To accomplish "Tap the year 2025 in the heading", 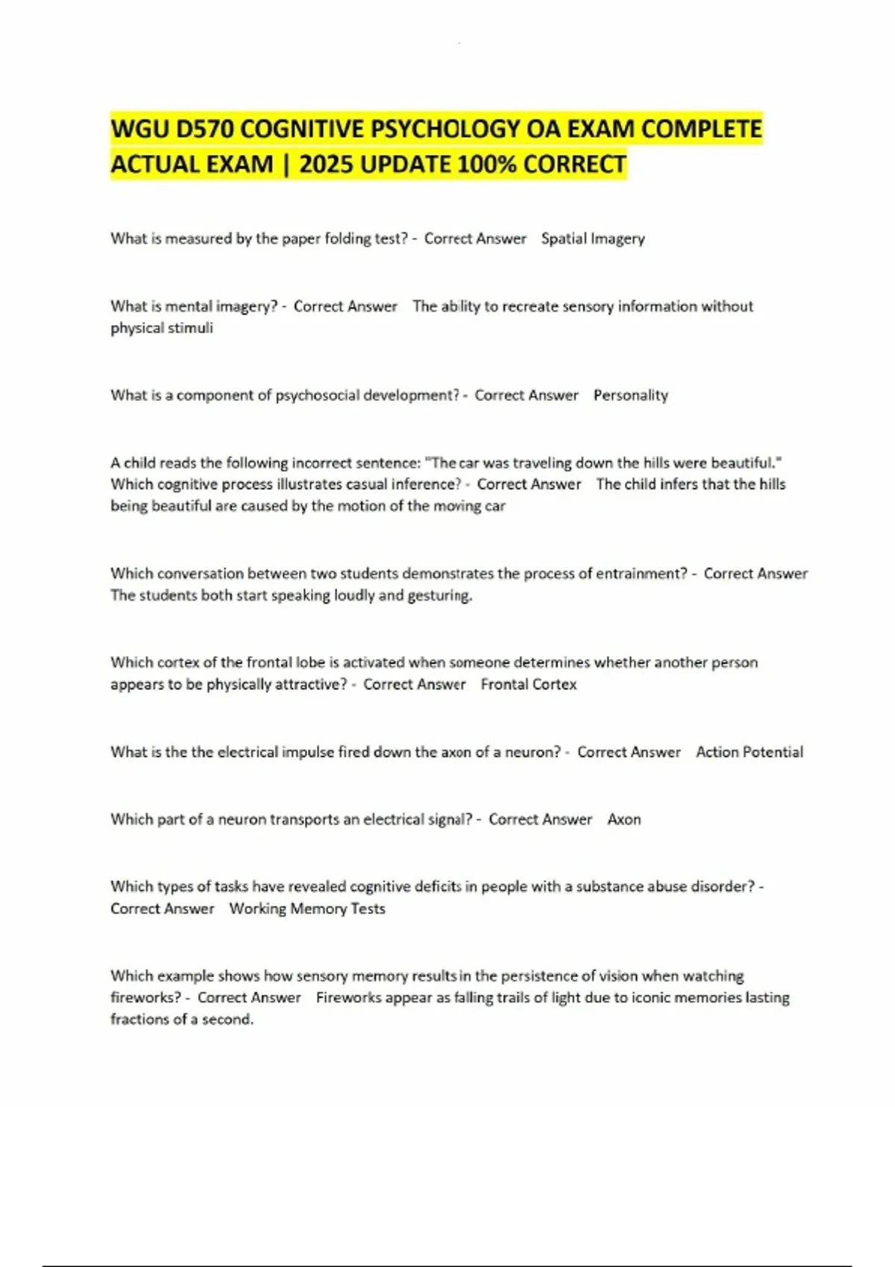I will (x=327, y=164).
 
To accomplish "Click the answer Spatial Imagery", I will (x=593, y=239).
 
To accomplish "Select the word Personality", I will (x=630, y=396).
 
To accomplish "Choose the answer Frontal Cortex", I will (x=528, y=685).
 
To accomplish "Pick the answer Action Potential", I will (x=749, y=753).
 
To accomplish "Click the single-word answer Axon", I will (x=624, y=820).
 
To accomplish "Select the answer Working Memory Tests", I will (x=307, y=909).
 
